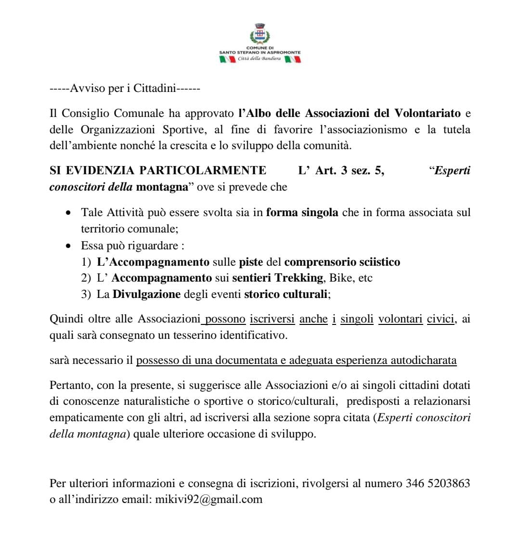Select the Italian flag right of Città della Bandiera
click(x=293, y=59)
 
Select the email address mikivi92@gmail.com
click(x=209, y=499)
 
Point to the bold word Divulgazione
click(x=147, y=294)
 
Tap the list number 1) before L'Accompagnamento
click(x=86, y=262)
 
